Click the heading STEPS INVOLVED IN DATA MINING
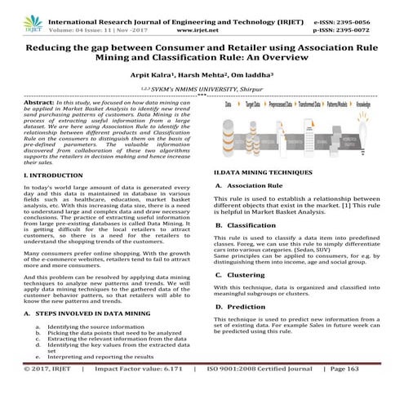85,313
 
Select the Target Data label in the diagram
244,106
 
